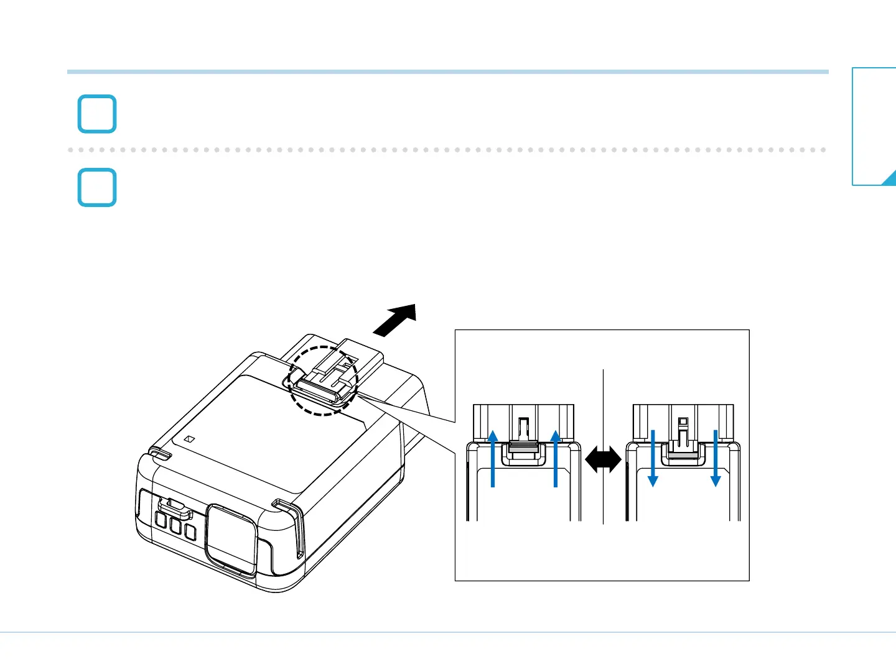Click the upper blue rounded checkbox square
pyautogui.click(x=97, y=114)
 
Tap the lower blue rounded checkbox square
pyautogui.click(x=97, y=187)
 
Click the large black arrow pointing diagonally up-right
pyautogui.click(x=395, y=320)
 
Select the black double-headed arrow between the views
pyautogui.click(x=603, y=461)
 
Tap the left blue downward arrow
pyautogui.click(x=653, y=458)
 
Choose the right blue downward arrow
pyautogui.click(x=716, y=458)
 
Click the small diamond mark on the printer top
pyautogui.click(x=190, y=439)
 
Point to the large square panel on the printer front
pyautogui.click(x=231, y=538)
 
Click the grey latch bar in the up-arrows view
pyautogui.click(x=523, y=447)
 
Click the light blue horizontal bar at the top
pyautogui.click(x=448, y=72)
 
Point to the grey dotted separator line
pyautogui.click(x=448, y=150)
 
